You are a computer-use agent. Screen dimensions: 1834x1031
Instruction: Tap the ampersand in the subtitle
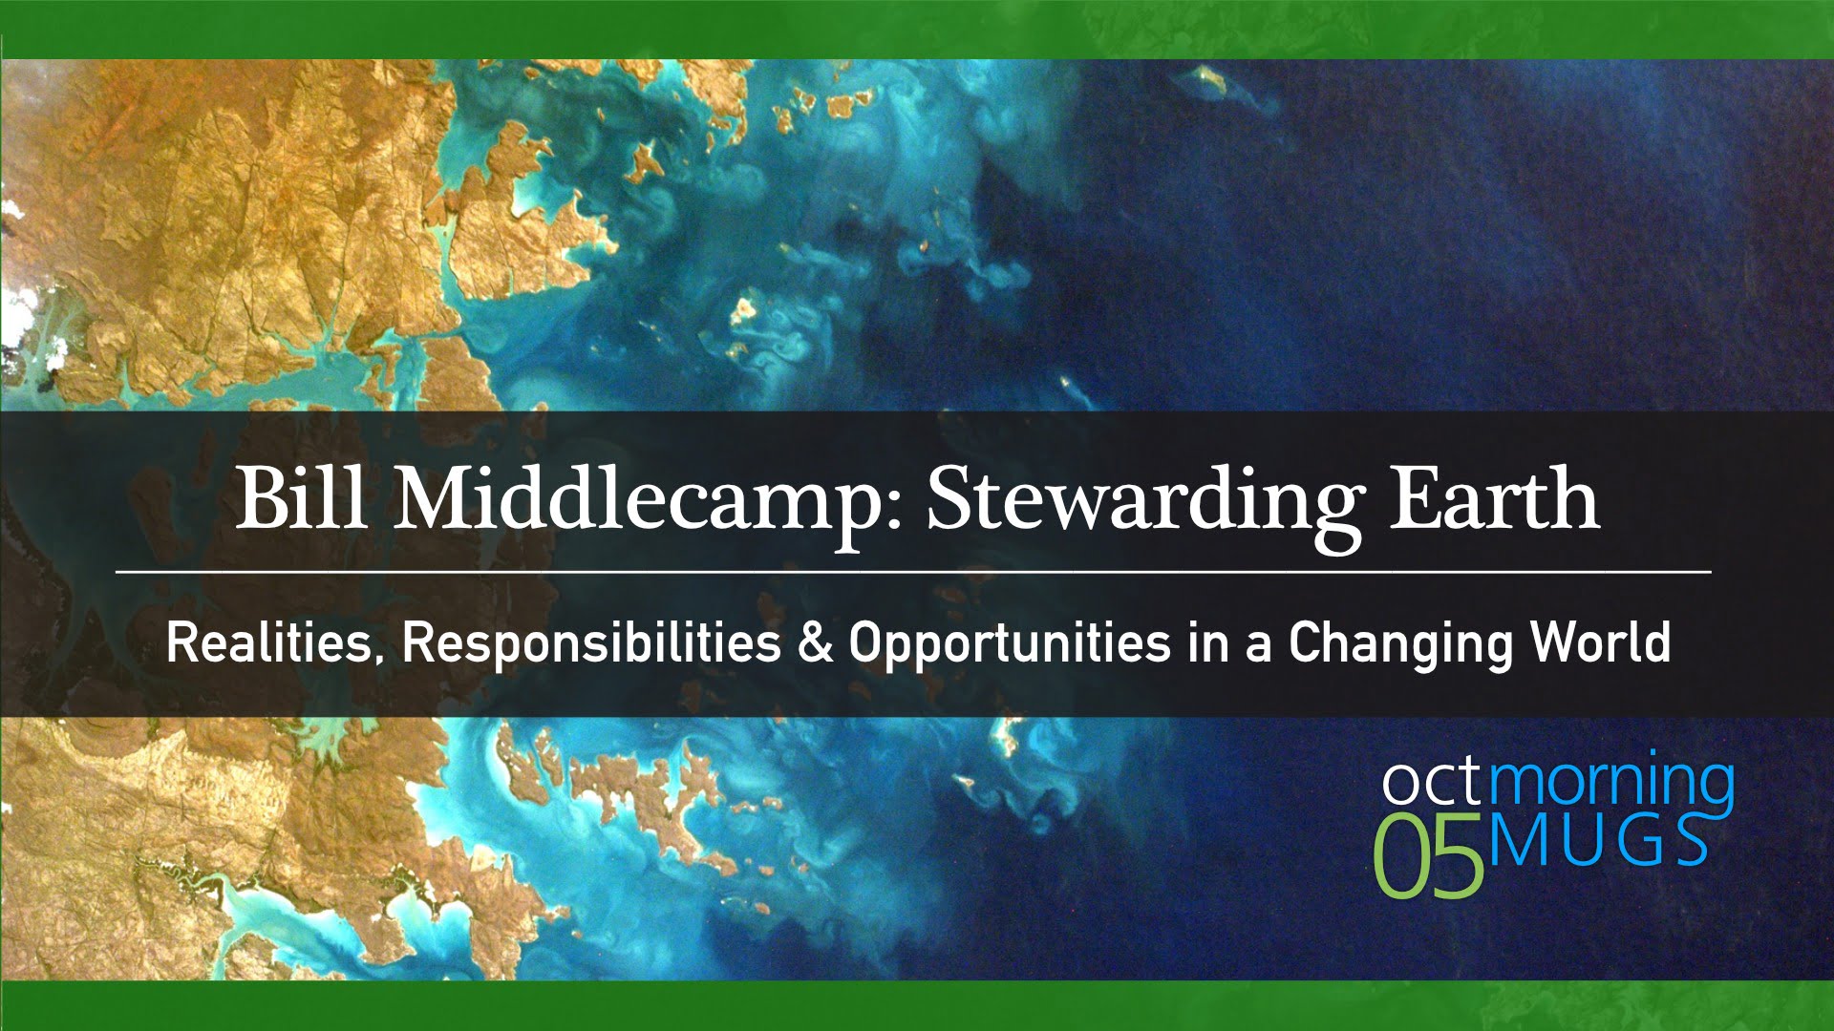click(815, 642)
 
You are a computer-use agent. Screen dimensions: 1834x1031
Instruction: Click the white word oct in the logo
click(1433, 782)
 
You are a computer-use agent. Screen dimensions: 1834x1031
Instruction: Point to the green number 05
click(1429, 855)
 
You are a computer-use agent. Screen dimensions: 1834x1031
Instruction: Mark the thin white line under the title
click(913, 572)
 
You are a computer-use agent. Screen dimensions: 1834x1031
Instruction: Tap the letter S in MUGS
click(1687, 840)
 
